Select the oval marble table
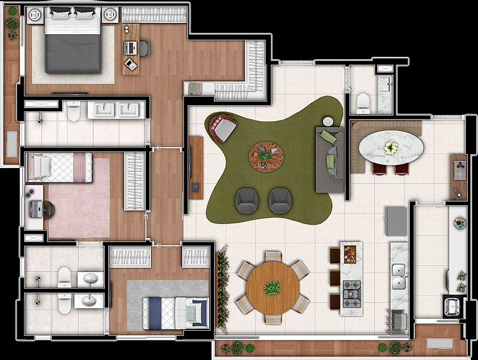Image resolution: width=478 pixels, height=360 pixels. (x=389, y=146)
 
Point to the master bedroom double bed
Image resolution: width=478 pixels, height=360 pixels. (x=72, y=42)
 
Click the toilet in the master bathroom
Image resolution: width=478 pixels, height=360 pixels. (x=73, y=110)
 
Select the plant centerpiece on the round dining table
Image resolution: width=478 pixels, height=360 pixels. (x=272, y=288)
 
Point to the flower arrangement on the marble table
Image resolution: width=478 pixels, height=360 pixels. (x=390, y=146)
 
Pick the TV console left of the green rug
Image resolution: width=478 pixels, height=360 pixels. (x=196, y=166)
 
